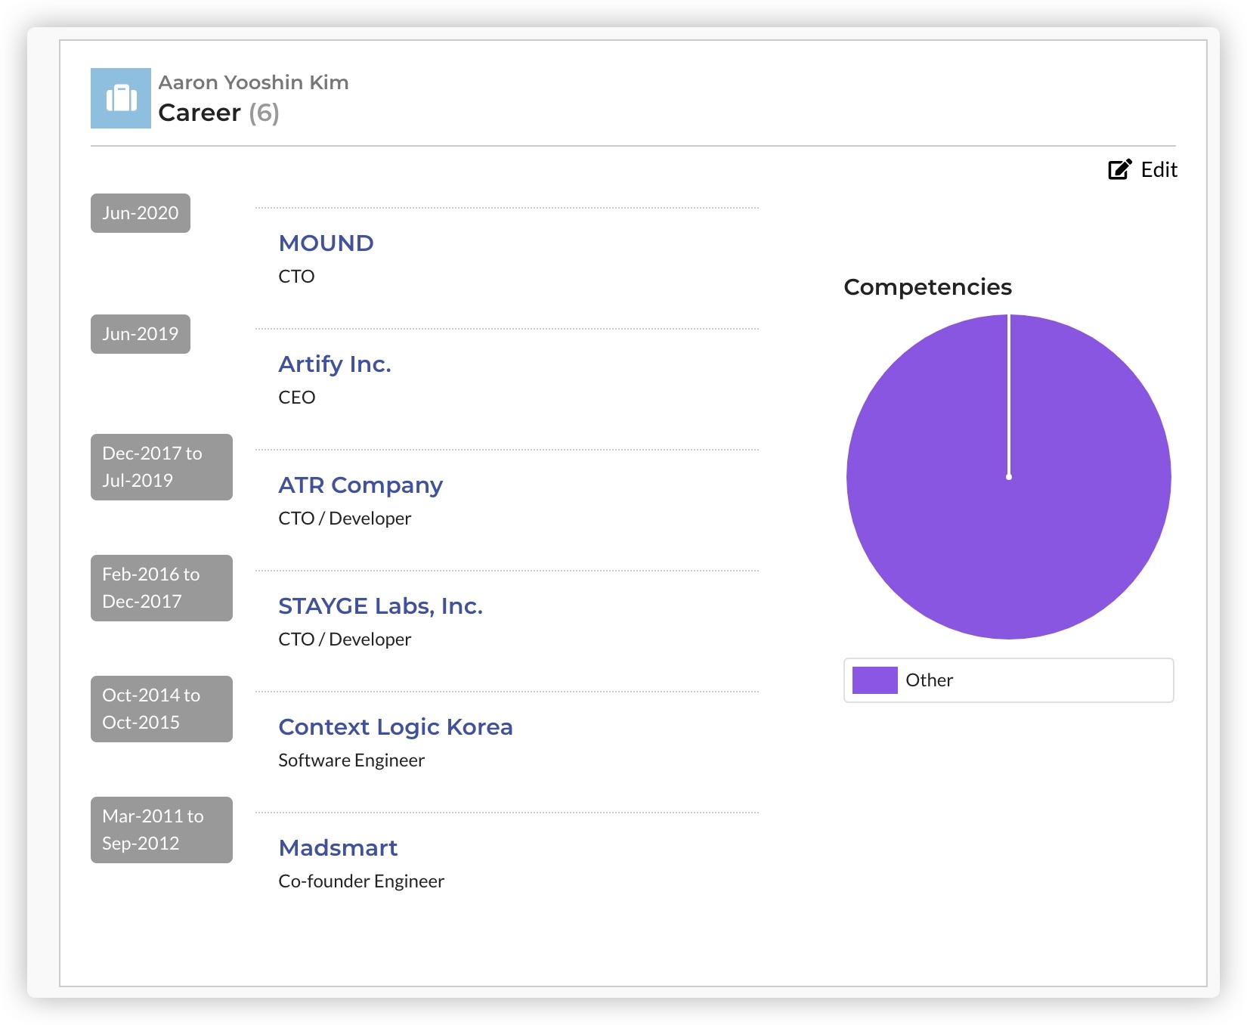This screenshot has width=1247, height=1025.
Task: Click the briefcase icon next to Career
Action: pyautogui.click(x=121, y=98)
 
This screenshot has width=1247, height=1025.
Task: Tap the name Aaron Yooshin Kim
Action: pyautogui.click(x=253, y=82)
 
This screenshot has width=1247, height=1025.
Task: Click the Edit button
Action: pyautogui.click(x=1143, y=170)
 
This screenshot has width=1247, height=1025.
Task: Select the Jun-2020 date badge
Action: pyautogui.click(x=141, y=213)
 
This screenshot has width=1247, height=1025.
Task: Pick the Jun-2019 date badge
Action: pyautogui.click(x=141, y=334)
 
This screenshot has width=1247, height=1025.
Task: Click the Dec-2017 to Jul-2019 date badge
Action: pyautogui.click(x=161, y=467)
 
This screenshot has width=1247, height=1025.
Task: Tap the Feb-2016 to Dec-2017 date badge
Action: pyautogui.click(x=161, y=588)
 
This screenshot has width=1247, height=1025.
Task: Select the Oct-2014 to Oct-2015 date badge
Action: pyautogui.click(x=161, y=709)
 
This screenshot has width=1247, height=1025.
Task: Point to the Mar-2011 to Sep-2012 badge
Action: pyautogui.click(x=161, y=830)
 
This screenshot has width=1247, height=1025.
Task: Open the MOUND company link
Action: pyautogui.click(x=326, y=243)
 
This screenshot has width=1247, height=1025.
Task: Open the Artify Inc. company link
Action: pyautogui.click(x=334, y=364)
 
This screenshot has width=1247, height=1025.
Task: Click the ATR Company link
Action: pyautogui.click(x=360, y=485)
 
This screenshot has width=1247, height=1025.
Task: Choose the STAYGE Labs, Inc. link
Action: pyautogui.click(x=380, y=606)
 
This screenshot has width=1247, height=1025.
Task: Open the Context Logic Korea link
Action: pyautogui.click(x=395, y=727)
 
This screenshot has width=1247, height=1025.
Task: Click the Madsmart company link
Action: pyautogui.click(x=338, y=848)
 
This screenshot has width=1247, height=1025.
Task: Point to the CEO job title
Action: pyautogui.click(x=296, y=398)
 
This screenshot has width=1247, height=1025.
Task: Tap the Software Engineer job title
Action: pyautogui.click(x=351, y=760)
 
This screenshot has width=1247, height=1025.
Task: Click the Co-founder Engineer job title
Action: pyautogui.click(x=361, y=881)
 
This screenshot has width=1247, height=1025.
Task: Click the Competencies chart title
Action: pyautogui.click(x=927, y=287)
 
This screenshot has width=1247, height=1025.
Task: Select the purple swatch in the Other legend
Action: pyautogui.click(x=874, y=680)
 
